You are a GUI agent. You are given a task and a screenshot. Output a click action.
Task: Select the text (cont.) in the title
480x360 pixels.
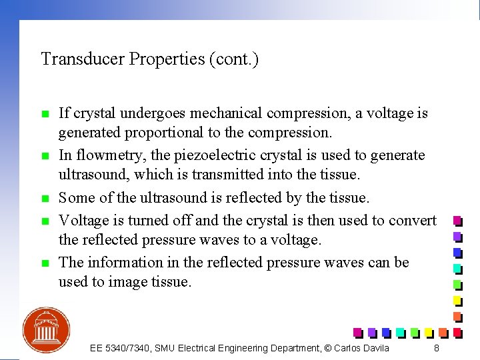point(234,59)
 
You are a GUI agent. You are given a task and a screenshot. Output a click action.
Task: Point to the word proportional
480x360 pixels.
point(171,133)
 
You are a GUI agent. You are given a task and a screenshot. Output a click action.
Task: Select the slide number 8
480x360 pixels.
point(436,348)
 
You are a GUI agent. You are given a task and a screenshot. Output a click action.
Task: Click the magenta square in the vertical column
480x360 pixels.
point(457,220)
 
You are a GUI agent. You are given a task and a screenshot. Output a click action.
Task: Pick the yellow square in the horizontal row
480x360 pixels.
point(428,332)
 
